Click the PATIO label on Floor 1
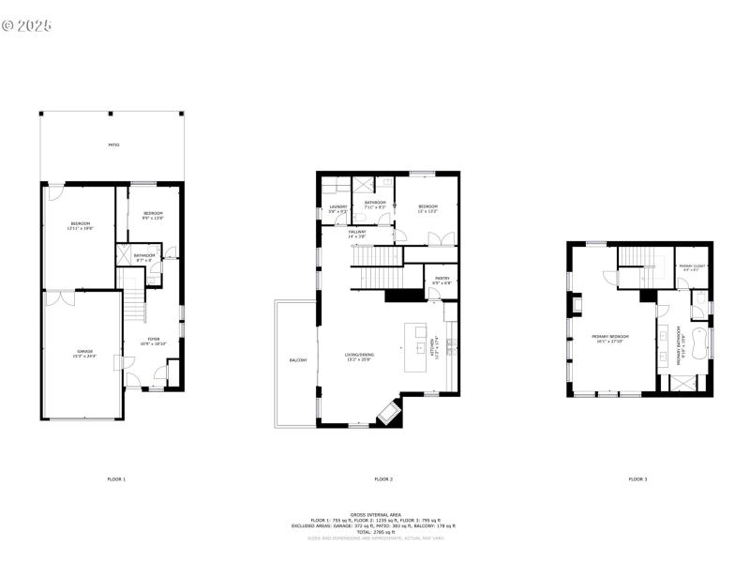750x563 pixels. [x=113, y=145]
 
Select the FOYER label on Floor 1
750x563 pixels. [x=154, y=342]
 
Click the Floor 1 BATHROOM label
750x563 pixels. [x=144, y=256]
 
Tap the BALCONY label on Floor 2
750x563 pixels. [x=298, y=360]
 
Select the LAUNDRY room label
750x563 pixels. [x=338, y=208]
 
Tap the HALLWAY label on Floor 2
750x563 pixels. [x=357, y=234]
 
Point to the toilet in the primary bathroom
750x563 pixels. [x=699, y=298]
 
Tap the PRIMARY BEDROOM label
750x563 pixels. [x=609, y=338]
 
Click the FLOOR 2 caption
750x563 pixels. [x=383, y=479]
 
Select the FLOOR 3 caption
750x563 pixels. [x=637, y=479]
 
